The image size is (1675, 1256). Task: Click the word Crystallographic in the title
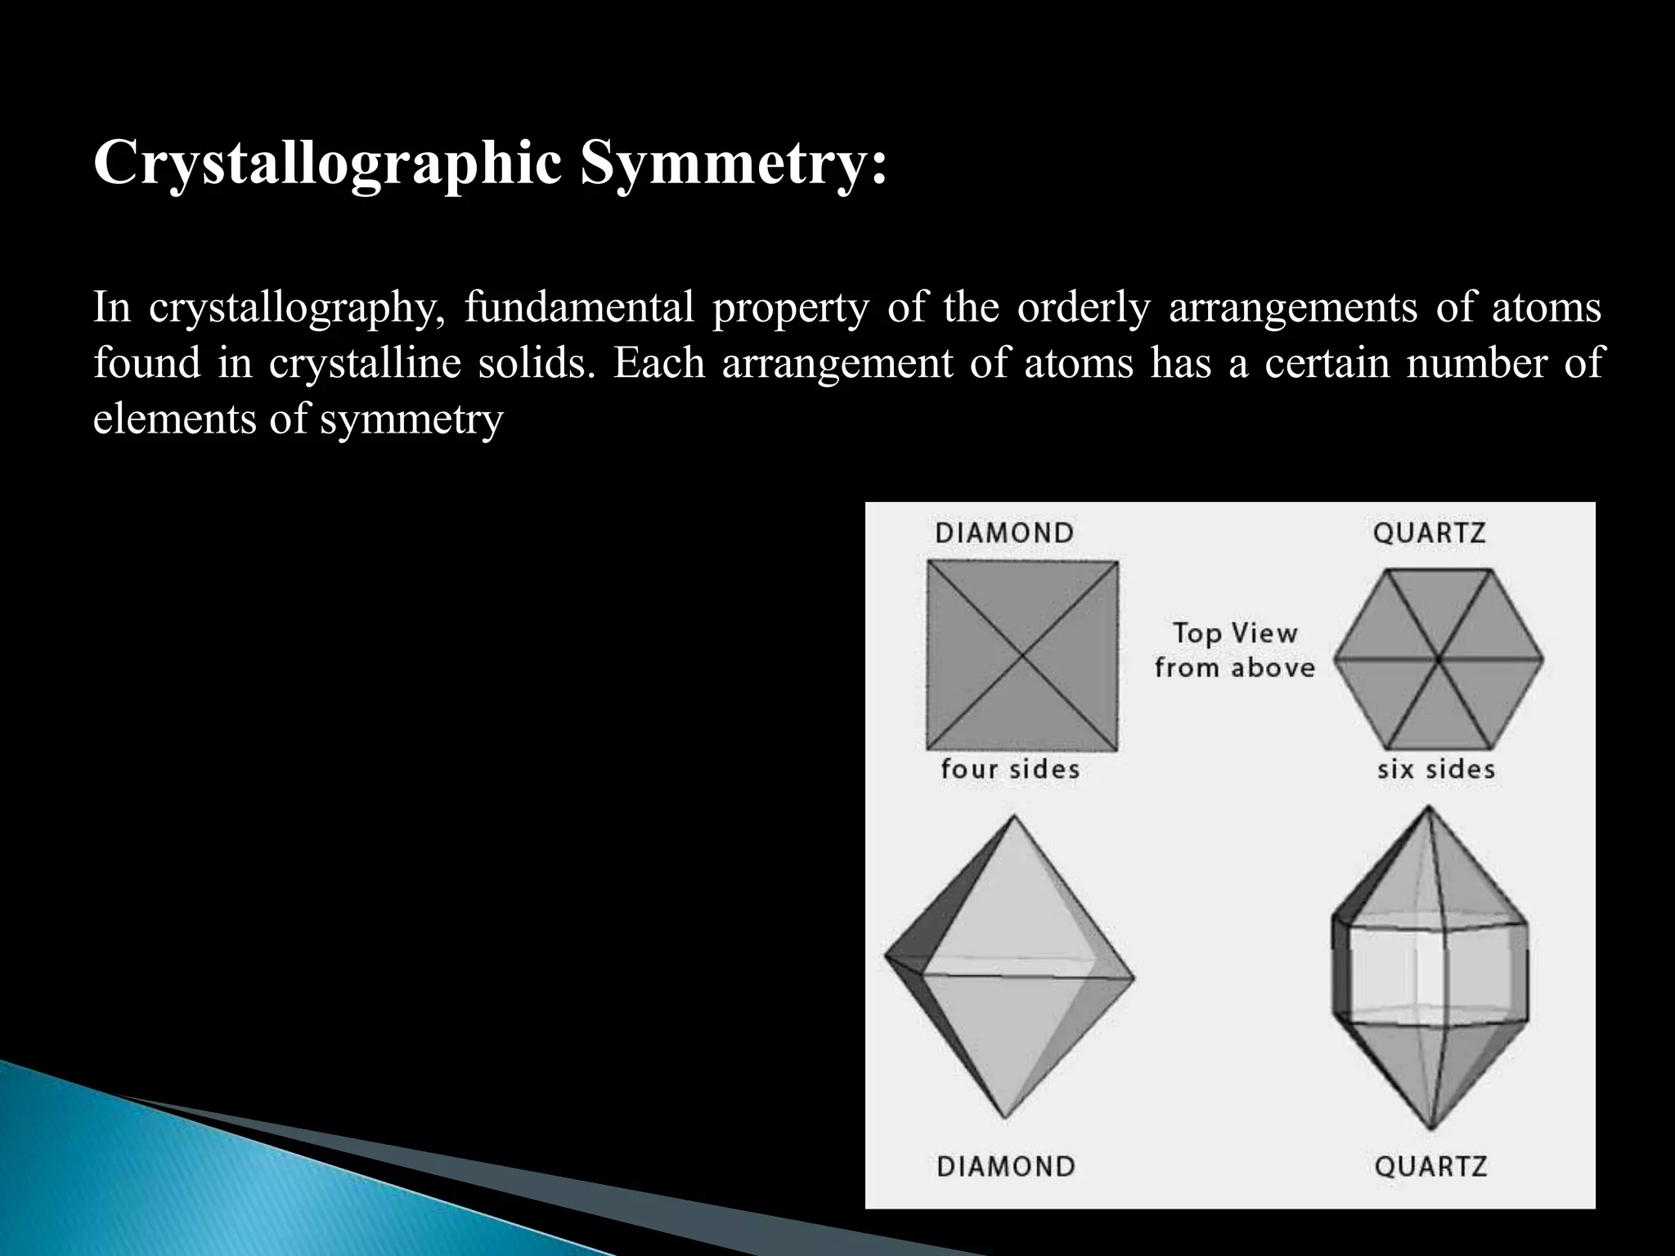(x=328, y=164)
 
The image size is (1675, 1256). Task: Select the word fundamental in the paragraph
(x=579, y=308)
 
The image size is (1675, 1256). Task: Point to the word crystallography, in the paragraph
(x=298, y=308)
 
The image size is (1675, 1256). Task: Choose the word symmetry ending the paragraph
(x=411, y=419)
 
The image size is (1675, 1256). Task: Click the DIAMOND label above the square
(x=1004, y=533)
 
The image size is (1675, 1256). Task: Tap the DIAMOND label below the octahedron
(x=1005, y=1166)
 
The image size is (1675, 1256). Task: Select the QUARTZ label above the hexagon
(x=1429, y=533)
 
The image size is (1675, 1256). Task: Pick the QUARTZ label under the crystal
(x=1430, y=1166)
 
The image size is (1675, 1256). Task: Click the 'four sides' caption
(x=1010, y=769)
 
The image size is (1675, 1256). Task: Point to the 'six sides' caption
(x=1435, y=769)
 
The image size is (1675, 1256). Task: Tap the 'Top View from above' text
(x=1234, y=650)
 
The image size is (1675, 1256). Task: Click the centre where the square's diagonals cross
(x=1022, y=655)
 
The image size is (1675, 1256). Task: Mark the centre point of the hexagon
(x=1437, y=658)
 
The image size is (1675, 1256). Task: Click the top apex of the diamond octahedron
(x=1015, y=815)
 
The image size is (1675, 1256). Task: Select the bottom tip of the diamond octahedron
(x=1005, y=1117)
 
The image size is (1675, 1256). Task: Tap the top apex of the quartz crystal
(x=1429, y=807)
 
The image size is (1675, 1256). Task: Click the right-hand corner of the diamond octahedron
(x=1134, y=977)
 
